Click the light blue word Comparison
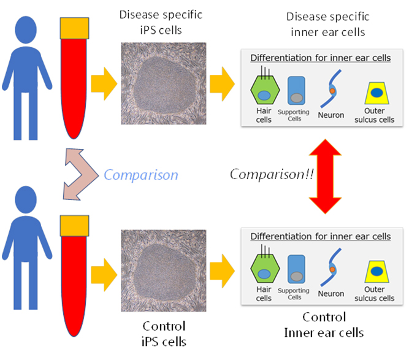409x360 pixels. click(x=141, y=175)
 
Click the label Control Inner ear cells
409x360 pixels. click(x=324, y=325)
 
